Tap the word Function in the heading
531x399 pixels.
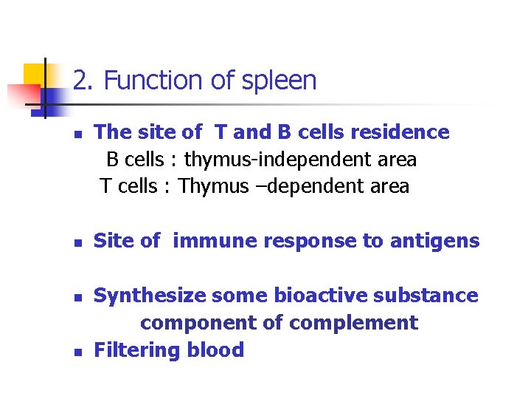150,81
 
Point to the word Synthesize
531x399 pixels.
150,296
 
